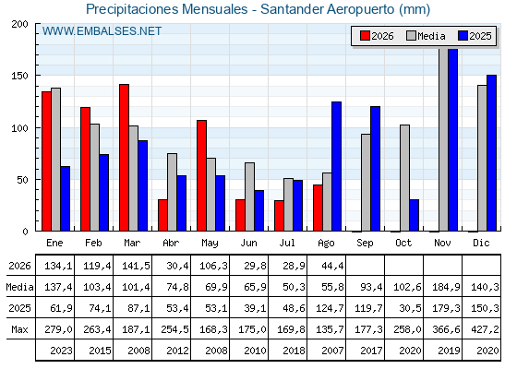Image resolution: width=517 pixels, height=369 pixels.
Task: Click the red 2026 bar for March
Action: pyautogui.click(x=124, y=158)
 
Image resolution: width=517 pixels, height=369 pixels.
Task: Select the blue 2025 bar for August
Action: pyautogui.click(x=336, y=166)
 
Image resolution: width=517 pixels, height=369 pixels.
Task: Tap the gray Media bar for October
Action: pyautogui.click(x=404, y=178)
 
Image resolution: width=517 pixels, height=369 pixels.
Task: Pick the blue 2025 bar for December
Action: pyautogui.click(x=491, y=153)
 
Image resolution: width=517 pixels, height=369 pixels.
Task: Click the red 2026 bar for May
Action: pyautogui.click(x=202, y=175)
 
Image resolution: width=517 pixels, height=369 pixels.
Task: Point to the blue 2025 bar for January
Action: pyautogui.click(x=66, y=198)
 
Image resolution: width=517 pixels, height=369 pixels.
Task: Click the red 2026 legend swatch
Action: pyautogui.click(x=365, y=36)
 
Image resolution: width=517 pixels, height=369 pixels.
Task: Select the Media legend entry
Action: pyautogui.click(x=426, y=36)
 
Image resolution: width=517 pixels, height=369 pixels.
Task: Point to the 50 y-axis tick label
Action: pyautogui.click(x=22, y=180)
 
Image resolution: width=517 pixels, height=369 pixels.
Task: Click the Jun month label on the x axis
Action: pyautogui.click(x=248, y=243)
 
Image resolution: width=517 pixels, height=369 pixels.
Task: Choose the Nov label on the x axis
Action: pyautogui.click(x=442, y=243)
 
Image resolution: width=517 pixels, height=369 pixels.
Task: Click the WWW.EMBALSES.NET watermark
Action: pyautogui.click(x=102, y=31)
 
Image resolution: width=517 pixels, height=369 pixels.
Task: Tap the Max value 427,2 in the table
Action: pyautogui.click(x=485, y=329)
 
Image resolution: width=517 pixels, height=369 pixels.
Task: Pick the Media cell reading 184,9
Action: pyautogui.click(x=446, y=287)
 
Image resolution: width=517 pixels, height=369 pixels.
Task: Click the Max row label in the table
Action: pyautogui.click(x=19, y=329)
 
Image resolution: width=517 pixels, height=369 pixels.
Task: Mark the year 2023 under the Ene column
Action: pyautogui.click(x=61, y=351)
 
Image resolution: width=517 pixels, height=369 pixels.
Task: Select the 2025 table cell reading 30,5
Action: pyautogui.click(x=410, y=308)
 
